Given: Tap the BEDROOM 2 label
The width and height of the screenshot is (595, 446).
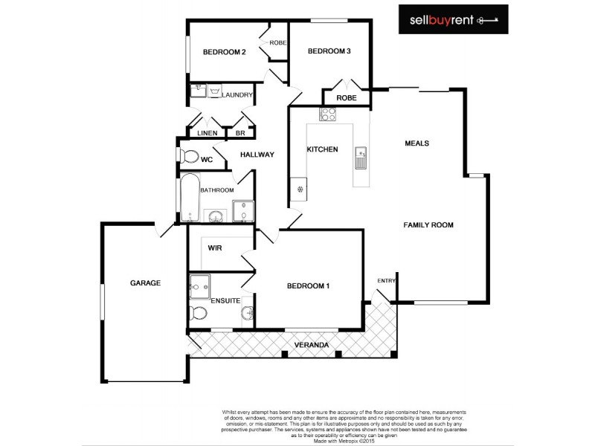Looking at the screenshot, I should tap(225, 52).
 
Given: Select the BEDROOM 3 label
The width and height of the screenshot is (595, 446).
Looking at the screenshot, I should tap(329, 51).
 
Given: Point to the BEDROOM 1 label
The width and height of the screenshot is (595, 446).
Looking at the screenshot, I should tap(308, 286).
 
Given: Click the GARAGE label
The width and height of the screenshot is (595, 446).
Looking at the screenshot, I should tap(145, 283).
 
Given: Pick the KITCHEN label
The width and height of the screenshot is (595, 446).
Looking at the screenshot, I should tap(323, 149).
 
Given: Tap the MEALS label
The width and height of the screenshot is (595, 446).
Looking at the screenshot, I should tap(417, 143).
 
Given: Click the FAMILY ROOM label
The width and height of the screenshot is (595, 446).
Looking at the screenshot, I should tap(428, 224).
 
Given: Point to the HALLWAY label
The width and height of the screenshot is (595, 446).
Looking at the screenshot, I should tap(257, 155).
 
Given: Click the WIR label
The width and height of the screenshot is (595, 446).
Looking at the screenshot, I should tap(216, 248).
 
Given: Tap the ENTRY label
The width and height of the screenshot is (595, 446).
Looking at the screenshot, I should tap(387, 280).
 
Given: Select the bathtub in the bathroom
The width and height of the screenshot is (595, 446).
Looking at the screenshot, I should tap(189, 198).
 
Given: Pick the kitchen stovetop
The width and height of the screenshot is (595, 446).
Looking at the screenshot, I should tap(328, 114).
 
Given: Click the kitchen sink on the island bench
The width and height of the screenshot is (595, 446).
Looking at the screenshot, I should tap(361, 158).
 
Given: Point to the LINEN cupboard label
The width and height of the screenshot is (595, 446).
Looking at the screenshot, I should tap(208, 133).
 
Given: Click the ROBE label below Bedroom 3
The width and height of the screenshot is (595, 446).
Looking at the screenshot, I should tap(346, 97).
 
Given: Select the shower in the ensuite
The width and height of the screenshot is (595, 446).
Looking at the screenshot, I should tap(199, 285).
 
